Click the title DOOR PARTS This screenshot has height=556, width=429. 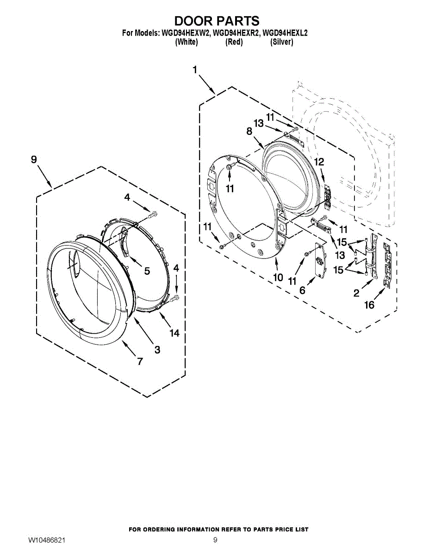pyautogui.click(x=216, y=21)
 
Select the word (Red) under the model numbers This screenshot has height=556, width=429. pyautogui.click(x=234, y=42)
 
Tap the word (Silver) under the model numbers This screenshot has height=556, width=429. pyautogui.click(x=281, y=42)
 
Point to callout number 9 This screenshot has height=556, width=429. pyautogui.click(x=34, y=159)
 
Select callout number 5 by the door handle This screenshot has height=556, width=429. pyautogui.click(x=147, y=271)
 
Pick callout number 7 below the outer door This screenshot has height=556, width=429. pyautogui.click(x=140, y=361)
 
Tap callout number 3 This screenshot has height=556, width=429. pyautogui.click(x=157, y=350)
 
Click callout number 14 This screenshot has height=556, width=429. pyautogui.click(x=174, y=333)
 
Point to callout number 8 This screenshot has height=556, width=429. pyautogui.click(x=249, y=131)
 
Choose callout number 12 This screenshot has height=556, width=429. pyautogui.click(x=319, y=162)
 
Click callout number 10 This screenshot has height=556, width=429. pyautogui.click(x=278, y=278)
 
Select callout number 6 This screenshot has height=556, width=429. pyautogui.click(x=302, y=290)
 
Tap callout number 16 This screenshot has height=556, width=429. pyautogui.click(x=369, y=305)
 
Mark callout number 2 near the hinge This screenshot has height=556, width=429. pyautogui.click(x=356, y=293)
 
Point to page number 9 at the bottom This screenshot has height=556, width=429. pyautogui.click(x=215, y=540)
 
